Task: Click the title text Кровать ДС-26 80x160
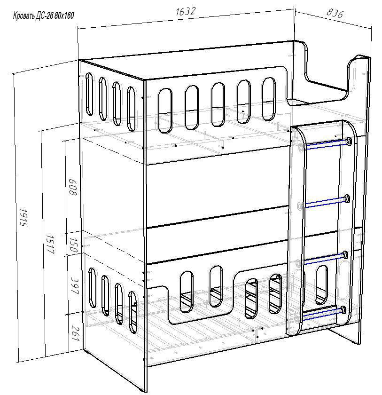(x=44, y=16)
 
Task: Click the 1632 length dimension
(x=185, y=12)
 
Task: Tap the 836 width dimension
(x=335, y=13)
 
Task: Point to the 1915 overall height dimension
(x=23, y=218)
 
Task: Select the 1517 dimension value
(x=50, y=245)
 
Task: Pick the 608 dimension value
(x=72, y=187)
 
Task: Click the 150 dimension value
(x=73, y=245)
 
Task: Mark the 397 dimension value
(x=75, y=286)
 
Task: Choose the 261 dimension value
(x=75, y=333)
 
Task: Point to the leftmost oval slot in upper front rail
(x=165, y=111)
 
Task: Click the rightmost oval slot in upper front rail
(x=269, y=99)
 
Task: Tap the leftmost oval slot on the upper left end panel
(x=89, y=94)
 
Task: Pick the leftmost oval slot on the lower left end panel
(x=93, y=287)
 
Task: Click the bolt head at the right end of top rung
(x=349, y=142)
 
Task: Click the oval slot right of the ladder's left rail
(x=321, y=284)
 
